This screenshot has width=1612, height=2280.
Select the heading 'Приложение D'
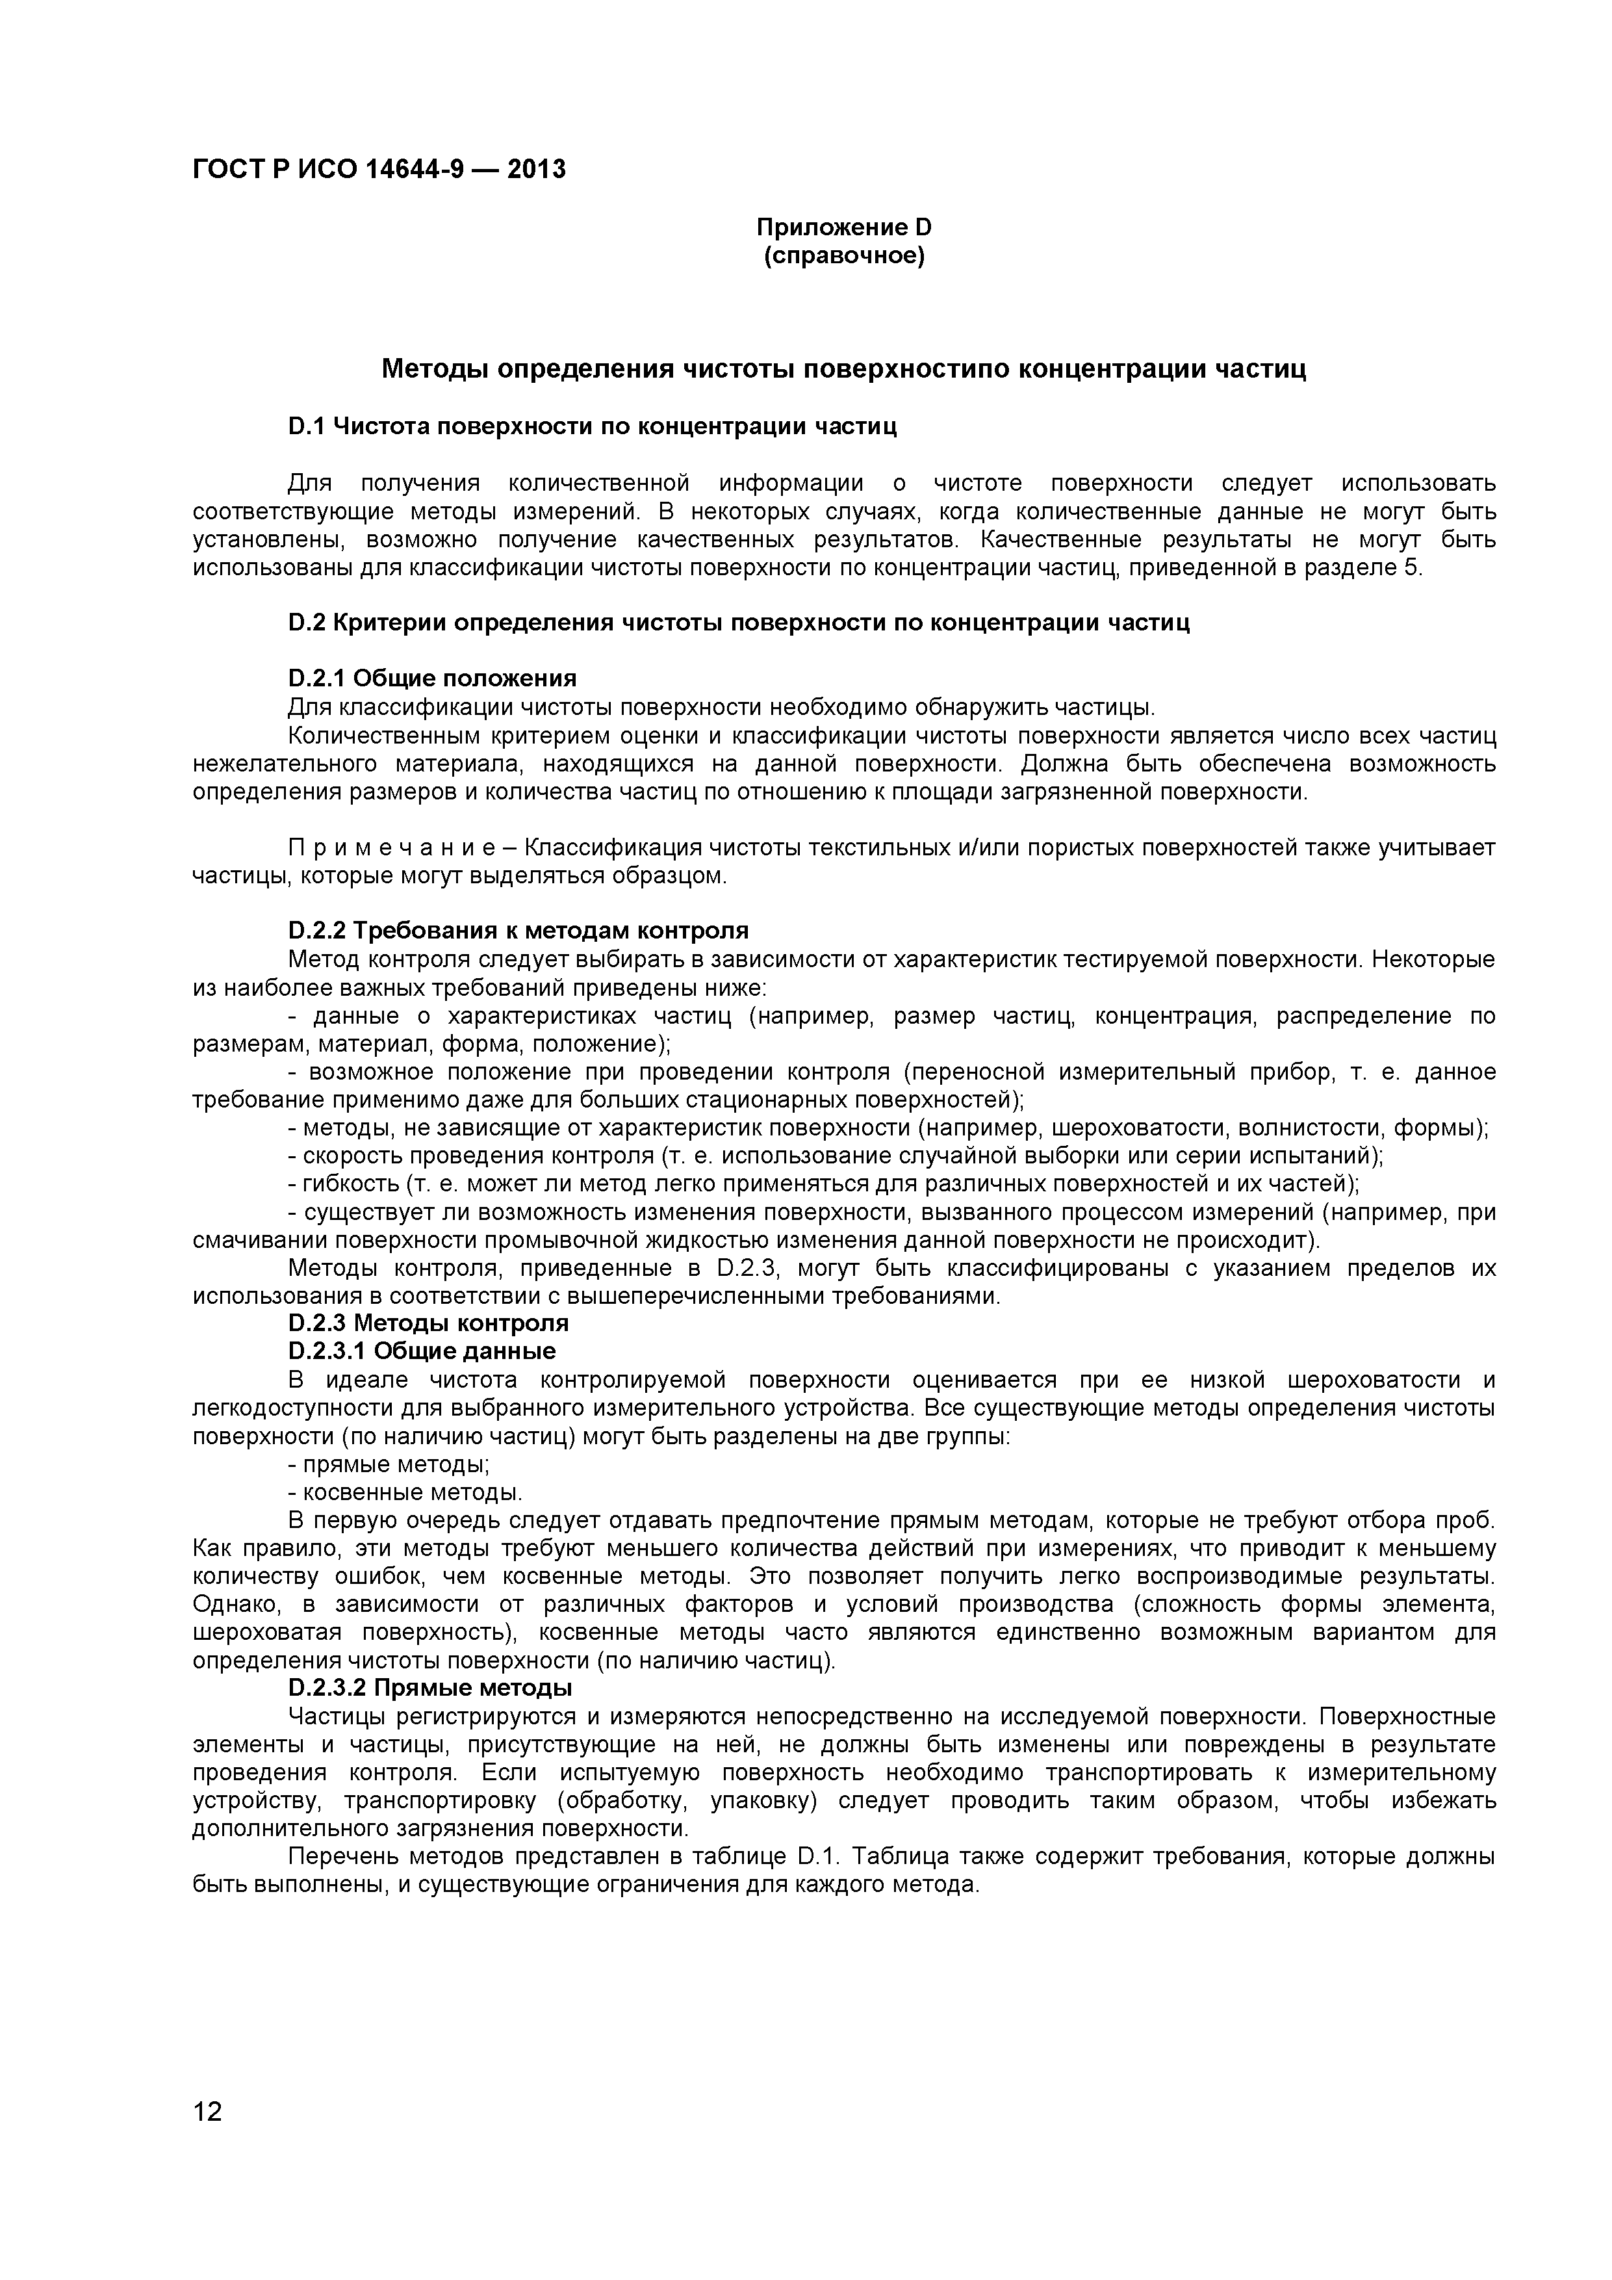[844, 227]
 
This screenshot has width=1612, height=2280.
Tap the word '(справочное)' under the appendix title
[844, 256]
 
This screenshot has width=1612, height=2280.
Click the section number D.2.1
[316, 679]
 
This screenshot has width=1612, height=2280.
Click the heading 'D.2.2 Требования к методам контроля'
[517, 931]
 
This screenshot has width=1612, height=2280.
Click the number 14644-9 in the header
[415, 170]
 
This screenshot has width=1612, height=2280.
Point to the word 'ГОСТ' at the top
[224, 170]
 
